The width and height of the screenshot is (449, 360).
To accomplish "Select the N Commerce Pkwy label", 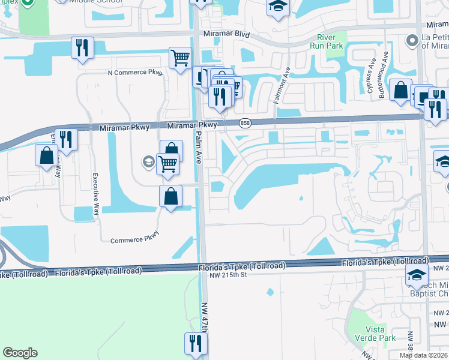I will tap(127, 73).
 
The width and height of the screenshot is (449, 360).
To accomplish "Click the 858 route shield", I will tap(245, 123).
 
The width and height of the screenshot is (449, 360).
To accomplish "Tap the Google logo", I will tap(20, 353).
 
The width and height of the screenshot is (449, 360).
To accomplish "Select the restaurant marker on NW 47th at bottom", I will tap(196, 344).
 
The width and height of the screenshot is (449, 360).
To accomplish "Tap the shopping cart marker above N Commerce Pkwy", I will tap(180, 58).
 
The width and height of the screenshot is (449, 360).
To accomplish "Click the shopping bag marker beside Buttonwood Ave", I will tap(400, 90).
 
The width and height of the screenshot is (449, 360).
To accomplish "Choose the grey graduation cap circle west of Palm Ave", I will tap(148, 161).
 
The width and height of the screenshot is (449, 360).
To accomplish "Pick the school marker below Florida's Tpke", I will tap(415, 275).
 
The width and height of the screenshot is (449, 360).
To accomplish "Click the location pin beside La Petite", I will tap(412, 41).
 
